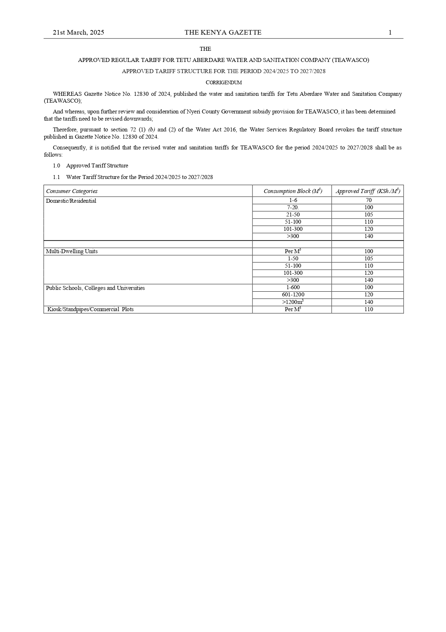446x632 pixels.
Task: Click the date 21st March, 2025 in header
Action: (x=78, y=32)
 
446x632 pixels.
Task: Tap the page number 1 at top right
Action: (x=390, y=32)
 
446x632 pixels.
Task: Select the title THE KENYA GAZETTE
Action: (x=223, y=32)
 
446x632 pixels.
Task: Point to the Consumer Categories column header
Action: (x=72, y=191)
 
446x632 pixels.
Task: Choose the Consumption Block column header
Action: (x=292, y=191)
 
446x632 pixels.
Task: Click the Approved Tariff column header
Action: (x=368, y=191)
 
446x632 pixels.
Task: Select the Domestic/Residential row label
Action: (x=71, y=201)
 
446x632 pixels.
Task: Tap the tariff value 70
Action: (x=369, y=200)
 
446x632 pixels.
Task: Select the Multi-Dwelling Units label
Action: (x=72, y=251)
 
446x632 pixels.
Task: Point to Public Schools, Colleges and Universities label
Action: (x=95, y=288)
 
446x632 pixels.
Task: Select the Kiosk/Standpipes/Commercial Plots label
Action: (x=90, y=309)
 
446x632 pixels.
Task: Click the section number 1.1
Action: (x=56, y=177)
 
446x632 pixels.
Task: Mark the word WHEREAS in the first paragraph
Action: (x=67, y=94)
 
